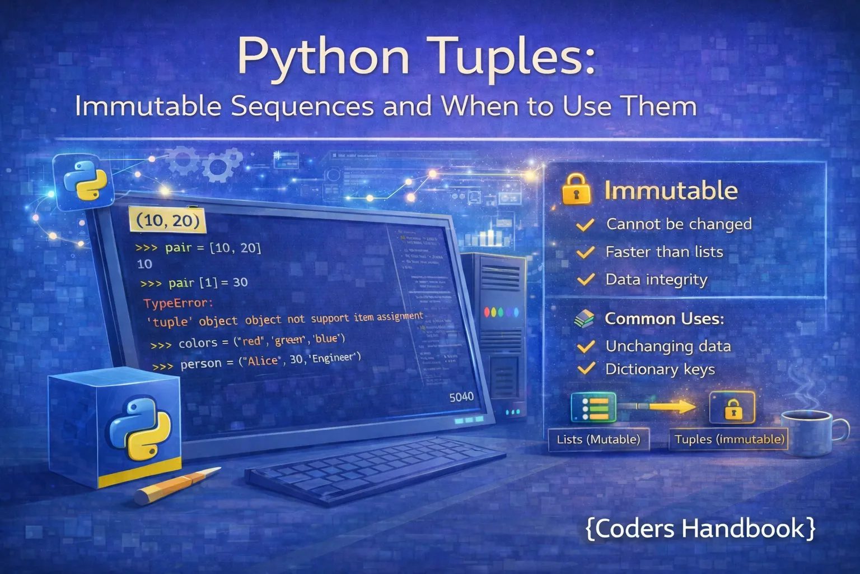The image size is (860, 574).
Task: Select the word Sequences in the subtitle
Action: click(302, 106)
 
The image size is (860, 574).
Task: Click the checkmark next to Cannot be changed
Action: click(585, 225)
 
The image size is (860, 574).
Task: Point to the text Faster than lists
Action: click(664, 252)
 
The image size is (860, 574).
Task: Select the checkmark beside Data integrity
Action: click(585, 279)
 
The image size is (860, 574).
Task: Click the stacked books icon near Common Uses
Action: click(584, 319)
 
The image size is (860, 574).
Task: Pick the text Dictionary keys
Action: click(660, 369)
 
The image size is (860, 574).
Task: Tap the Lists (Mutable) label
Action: click(598, 439)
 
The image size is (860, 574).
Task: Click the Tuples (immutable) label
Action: click(729, 439)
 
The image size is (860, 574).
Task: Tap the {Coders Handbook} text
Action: click(700, 529)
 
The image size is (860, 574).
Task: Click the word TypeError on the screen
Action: click(177, 304)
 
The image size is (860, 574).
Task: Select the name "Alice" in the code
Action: click(262, 361)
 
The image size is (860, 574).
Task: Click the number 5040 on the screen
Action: click(461, 397)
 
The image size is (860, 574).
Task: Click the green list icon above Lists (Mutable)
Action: click(593, 407)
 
